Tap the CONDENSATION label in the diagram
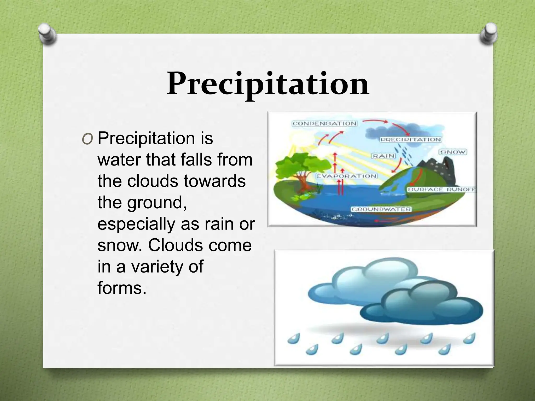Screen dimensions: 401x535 [x=324, y=123]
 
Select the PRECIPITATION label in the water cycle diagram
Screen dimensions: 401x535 [x=410, y=140]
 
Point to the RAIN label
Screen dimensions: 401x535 [x=383, y=156]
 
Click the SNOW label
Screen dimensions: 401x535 [x=453, y=152]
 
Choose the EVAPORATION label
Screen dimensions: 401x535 [x=346, y=176]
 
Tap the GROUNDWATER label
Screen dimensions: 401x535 [x=381, y=209]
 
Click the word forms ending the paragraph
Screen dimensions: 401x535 [x=121, y=288]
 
